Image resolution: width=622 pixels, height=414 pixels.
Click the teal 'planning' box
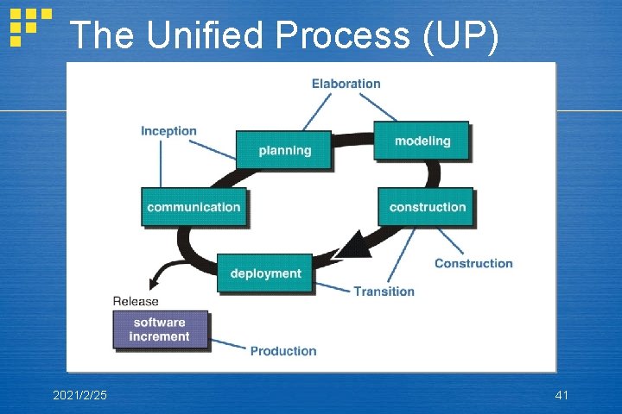tap(284, 150)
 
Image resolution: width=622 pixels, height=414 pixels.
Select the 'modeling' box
tap(422, 141)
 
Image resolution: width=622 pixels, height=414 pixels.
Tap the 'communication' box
tap(194, 207)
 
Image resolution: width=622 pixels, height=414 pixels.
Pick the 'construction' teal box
tap(427, 207)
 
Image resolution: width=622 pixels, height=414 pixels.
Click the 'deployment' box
tap(265, 273)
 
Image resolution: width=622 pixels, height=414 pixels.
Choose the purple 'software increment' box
tap(160, 329)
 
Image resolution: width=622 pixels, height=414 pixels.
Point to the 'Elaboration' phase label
tap(346, 84)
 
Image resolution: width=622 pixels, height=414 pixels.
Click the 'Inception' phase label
tap(168, 131)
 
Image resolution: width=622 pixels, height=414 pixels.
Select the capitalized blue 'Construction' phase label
tap(473, 263)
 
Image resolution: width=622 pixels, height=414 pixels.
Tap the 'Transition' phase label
tap(384, 292)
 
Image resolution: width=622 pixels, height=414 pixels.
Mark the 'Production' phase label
tap(283, 351)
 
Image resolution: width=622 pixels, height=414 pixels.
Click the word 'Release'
tap(136, 301)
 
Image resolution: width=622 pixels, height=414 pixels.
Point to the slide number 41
tap(562, 395)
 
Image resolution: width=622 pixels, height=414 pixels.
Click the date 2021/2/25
tap(80, 395)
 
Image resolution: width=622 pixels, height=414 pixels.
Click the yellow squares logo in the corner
tap(28, 26)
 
